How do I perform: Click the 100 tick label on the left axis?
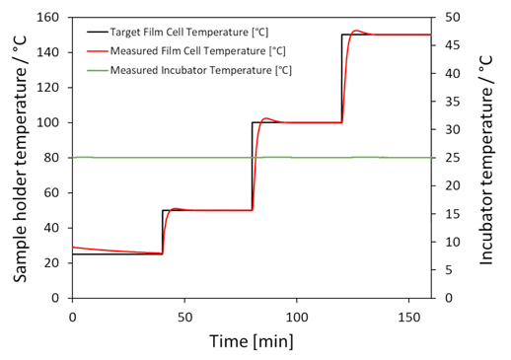(48, 122)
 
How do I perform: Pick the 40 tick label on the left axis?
(52, 228)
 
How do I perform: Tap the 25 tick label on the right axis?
(449, 158)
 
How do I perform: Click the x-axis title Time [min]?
(251, 340)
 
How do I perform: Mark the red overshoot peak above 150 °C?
(356, 30)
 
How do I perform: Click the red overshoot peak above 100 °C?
(266, 118)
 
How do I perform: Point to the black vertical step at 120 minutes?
(342, 79)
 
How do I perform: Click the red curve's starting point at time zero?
(72, 247)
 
